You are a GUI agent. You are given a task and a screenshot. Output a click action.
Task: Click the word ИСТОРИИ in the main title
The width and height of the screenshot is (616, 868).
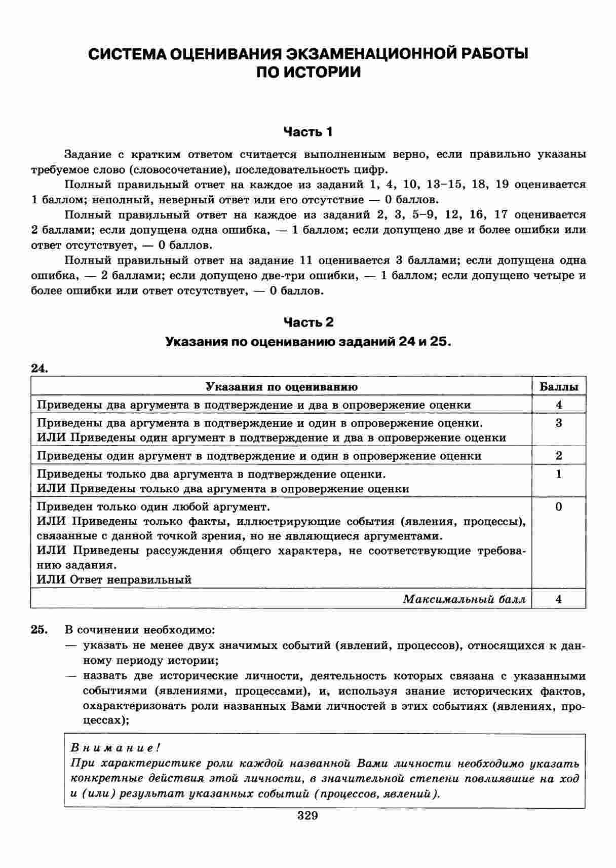point(322,73)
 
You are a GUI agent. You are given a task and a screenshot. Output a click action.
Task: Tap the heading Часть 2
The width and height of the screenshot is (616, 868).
point(308,322)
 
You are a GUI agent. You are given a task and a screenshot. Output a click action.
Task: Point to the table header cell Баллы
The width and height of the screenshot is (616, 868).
point(559,387)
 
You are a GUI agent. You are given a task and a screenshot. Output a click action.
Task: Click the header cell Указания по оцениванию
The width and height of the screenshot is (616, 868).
point(281,387)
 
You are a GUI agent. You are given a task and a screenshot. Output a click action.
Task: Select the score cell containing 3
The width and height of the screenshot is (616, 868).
point(559,423)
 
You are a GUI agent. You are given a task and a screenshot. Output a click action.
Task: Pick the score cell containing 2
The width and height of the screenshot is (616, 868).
point(559,455)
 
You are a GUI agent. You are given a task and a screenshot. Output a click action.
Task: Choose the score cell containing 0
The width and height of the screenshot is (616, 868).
point(559,507)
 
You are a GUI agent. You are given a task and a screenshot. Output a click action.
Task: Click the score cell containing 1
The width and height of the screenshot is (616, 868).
point(559,474)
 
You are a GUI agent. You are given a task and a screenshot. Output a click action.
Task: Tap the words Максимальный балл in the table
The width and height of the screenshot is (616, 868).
point(464,599)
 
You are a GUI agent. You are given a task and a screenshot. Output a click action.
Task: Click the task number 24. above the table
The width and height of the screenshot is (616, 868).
point(40,369)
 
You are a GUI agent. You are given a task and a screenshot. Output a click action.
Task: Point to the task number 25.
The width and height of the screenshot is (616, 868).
point(40,630)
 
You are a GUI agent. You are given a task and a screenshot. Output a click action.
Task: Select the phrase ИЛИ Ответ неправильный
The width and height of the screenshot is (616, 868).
point(114,580)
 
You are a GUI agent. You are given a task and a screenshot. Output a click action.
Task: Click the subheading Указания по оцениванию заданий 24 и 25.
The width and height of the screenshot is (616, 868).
point(308,342)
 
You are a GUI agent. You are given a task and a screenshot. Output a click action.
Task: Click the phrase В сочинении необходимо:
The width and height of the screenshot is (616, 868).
point(140,630)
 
